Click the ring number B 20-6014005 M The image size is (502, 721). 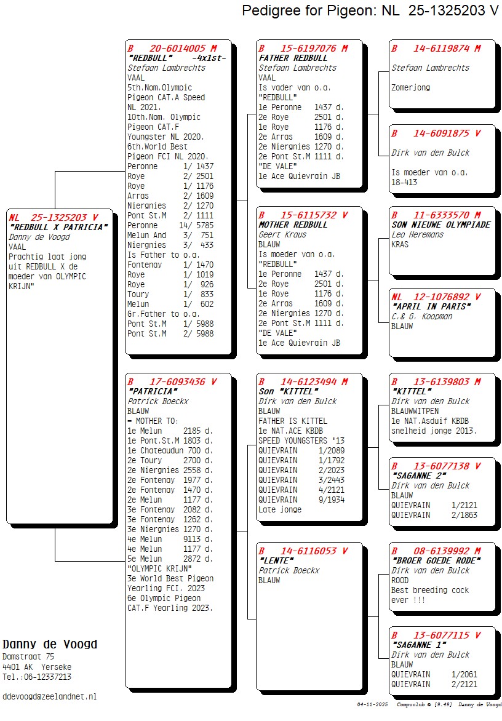click(x=172, y=48)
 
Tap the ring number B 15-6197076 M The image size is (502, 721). click(x=303, y=48)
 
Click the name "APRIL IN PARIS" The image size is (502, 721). click(x=431, y=306)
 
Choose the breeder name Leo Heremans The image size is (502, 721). click(x=418, y=234)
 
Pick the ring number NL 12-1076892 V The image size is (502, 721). click(x=436, y=297)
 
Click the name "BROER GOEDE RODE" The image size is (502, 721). click(x=436, y=560)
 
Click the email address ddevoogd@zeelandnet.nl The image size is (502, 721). click(x=50, y=696)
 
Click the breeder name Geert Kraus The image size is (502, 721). click(x=282, y=234)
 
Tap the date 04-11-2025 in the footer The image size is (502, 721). click(x=372, y=704)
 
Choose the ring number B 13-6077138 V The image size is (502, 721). click(x=436, y=466)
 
